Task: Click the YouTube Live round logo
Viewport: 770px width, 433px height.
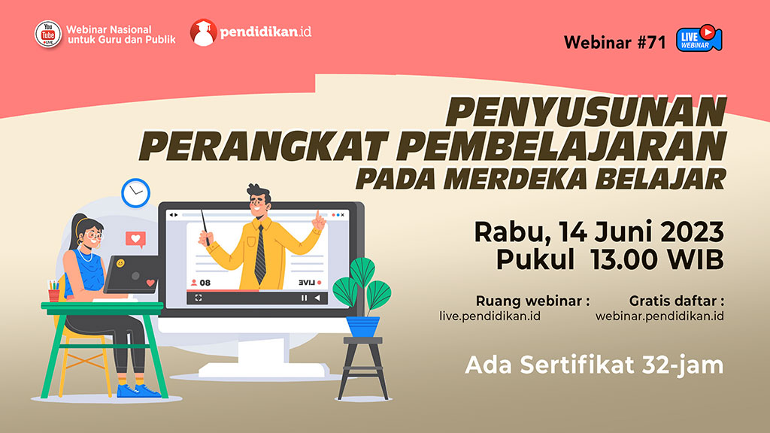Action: coord(47,35)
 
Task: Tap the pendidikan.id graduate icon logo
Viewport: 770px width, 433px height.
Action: coord(203,32)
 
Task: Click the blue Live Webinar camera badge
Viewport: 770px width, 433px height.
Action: coord(699,38)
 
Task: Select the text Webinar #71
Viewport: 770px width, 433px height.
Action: coord(614,42)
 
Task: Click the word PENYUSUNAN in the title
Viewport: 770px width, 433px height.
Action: coord(586,113)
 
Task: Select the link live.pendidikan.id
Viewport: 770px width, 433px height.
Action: coord(490,316)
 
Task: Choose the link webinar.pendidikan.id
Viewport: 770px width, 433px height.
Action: coord(659,316)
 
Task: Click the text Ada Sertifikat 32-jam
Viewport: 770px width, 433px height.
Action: coord(594,365)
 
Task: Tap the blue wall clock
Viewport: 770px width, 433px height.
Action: coord(135,193)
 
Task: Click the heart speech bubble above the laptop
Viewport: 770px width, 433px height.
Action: coord(135,240)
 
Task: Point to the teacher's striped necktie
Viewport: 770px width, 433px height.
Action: coord(259,254)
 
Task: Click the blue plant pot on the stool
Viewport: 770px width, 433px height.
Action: coord(363,326)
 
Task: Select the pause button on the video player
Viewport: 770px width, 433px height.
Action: coord(304,298)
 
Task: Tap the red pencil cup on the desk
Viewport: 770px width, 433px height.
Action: coord(54,295)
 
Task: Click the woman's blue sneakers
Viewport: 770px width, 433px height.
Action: coord(138,391)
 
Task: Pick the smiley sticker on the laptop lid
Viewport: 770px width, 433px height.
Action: coord(120,264)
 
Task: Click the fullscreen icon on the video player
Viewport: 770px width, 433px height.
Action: coord(199,298)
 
